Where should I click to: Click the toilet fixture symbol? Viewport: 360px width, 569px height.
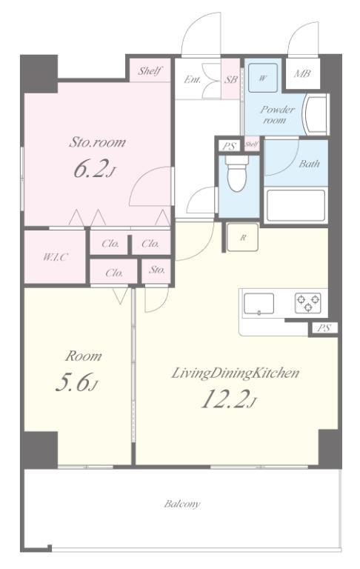(236, 173)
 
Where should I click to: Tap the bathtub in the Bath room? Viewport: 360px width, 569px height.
(296, 205)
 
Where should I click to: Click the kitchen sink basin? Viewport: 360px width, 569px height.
(259, 303)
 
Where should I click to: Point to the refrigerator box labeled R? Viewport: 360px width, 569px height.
(242, 237)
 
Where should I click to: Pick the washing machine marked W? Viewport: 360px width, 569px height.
(263, 78)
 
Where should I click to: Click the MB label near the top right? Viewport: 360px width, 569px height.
(302, 73)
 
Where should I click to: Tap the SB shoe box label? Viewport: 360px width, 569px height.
(231, 79)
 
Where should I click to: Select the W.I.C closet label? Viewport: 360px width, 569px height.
(55, 257)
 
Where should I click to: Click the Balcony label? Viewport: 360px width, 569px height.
(181, 504)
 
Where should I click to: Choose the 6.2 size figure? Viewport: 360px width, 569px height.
(94, 169)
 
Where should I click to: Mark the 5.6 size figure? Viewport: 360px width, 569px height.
(77, 382)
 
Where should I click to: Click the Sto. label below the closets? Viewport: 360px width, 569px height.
(157, 270)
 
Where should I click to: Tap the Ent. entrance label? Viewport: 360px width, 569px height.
(193, 79)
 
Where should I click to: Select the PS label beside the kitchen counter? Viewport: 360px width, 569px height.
(324, 328)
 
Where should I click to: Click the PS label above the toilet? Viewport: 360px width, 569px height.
(229, 147)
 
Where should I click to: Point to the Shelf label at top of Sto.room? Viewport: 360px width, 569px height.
(150, 70)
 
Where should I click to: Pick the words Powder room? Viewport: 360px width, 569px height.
(277, 115)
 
